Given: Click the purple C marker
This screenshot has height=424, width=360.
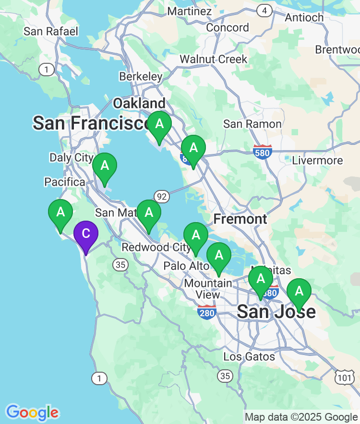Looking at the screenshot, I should click(86, 235).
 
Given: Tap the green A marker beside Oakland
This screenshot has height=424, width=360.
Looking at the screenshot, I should click(159, 124).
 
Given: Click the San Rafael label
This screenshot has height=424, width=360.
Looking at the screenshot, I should click(51, 32).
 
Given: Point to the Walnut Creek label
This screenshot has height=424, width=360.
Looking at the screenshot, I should click(213, 59).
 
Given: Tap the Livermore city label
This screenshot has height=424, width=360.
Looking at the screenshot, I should click(317, 160).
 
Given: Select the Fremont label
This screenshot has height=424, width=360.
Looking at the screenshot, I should click(240, 219).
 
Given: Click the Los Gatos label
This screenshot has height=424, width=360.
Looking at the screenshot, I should click(249, 356).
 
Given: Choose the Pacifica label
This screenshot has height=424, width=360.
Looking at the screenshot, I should click(64, 182).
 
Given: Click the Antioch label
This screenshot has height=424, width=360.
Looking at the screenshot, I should click(304, 17).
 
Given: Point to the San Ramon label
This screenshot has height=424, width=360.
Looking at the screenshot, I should click(252, 124).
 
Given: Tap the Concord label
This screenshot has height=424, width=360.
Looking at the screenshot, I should click(228, 28).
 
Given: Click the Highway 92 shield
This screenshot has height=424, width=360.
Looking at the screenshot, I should click(162, 195).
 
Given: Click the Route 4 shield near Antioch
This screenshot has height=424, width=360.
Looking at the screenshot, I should click(264, 10).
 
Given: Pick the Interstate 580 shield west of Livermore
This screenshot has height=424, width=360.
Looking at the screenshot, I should click(263, 151).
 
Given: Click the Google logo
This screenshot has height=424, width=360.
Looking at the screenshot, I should click(32, 412).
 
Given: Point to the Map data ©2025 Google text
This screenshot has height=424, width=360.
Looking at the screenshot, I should click(301, 417).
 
